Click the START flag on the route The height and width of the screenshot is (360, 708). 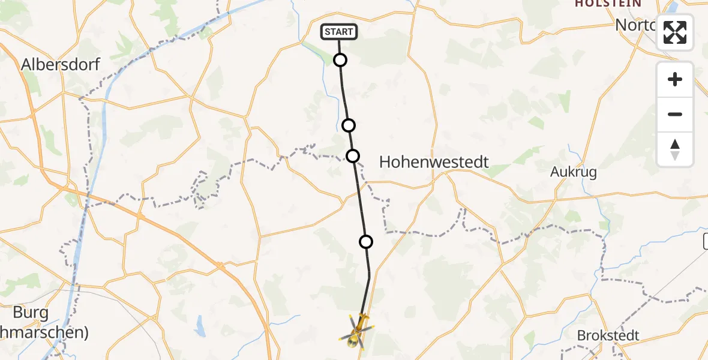click(x=339, y=32)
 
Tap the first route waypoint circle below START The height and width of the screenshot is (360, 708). click(x=340, y=60)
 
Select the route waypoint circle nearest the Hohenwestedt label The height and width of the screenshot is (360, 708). click(x=353, y=156)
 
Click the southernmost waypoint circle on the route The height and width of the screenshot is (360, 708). click(x=366, y=242)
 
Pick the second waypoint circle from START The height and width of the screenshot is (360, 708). click(x=349, y=125)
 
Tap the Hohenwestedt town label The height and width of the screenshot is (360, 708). click(x=434, y=162)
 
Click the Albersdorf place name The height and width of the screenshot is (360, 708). click(x=61, y=65)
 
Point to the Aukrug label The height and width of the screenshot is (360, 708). click(x=574, y=173)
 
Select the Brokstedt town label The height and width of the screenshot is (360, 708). click(x=608, y=335)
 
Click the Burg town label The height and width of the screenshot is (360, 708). click(x=31, y=313)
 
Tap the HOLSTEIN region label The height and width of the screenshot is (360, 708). click(x=608, y=4)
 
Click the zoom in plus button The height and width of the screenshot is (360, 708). click(x=675, y=79)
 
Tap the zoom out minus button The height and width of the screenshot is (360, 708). click(x=675, y=114)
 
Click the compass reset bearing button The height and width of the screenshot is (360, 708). click(x=675, y=149)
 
